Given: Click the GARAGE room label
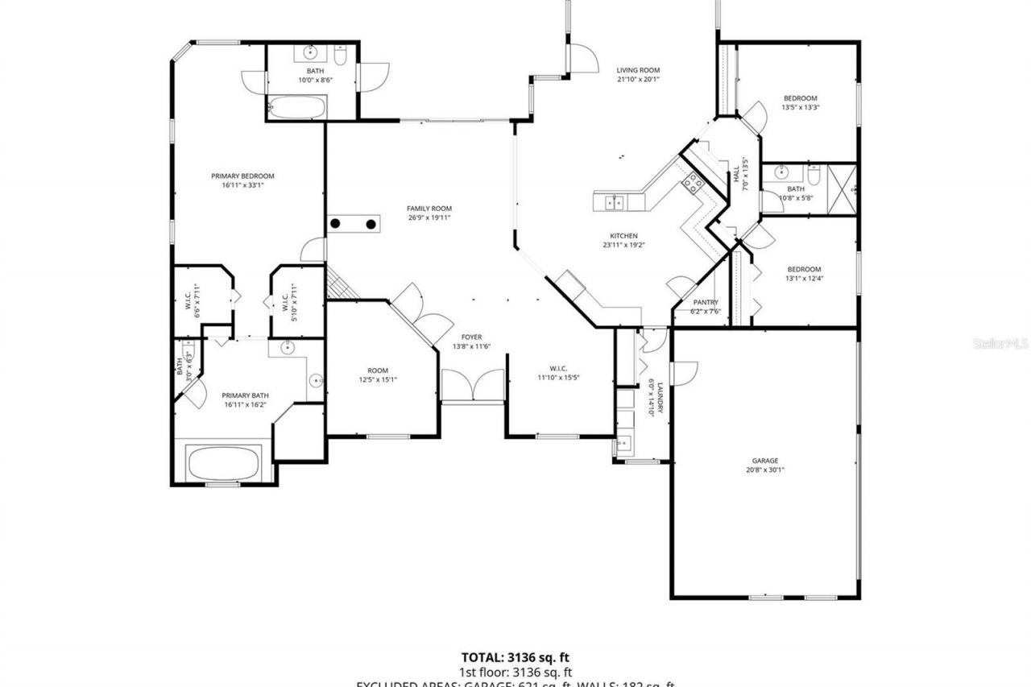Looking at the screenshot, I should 764,461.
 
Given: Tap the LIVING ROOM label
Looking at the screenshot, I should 638,70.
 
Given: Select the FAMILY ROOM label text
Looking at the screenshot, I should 429,208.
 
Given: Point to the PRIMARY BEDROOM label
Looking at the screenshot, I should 242,176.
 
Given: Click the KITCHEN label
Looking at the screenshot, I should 623,236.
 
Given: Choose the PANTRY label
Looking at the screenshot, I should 704,303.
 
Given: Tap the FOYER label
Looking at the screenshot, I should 471,337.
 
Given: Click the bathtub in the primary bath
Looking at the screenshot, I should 223,462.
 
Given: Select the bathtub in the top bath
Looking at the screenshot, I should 296,107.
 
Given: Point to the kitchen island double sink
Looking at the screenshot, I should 614,202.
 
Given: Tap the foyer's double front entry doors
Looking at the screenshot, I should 473,385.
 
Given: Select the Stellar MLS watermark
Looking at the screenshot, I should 1000,342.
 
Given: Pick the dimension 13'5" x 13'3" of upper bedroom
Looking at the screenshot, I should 800,107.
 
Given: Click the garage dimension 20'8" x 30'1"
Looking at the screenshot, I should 764,470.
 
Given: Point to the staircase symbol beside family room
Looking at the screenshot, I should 341,281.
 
